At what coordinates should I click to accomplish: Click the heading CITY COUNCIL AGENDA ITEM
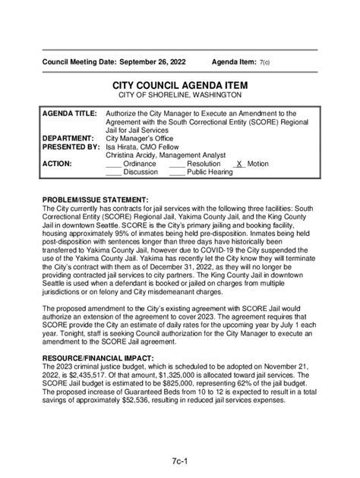point(180,85)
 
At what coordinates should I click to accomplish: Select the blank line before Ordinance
point(113,164)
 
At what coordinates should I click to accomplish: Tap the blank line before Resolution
point(176,164)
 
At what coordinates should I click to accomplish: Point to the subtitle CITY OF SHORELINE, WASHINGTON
point(180,96)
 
